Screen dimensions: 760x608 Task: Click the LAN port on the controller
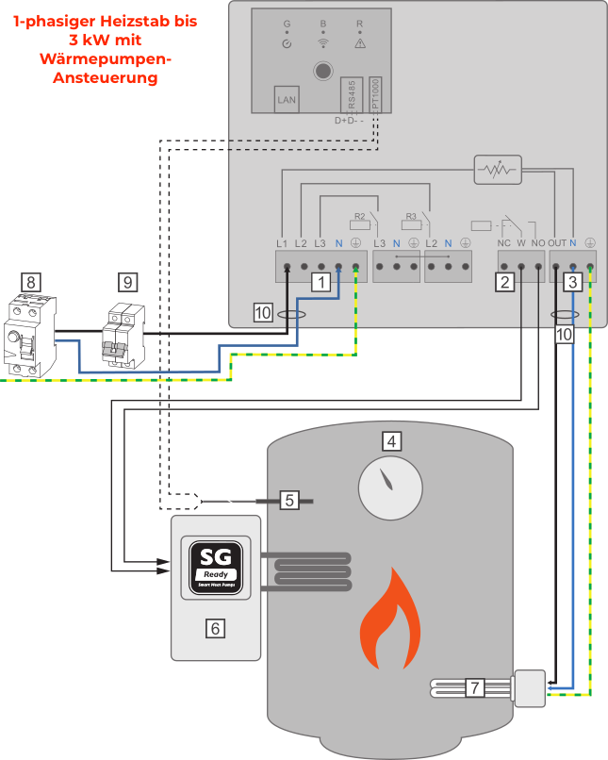pyautogui.click(x=287, y=99)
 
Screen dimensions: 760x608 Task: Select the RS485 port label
pyautogui.click(x=351, y=95)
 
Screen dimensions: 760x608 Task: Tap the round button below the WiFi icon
pyautogui.click(x=323, y=71)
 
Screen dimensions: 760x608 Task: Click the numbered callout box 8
pyautogui.click(x=31, y=281)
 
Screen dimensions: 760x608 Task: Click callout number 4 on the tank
pyautogui.click(x=390, y=440)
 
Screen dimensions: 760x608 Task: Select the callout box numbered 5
pyautogui.click(x=290, y=500)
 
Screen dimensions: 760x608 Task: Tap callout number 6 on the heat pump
pyautogui.click(x=216, y=627)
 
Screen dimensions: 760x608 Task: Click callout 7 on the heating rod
pyautogui.click(x=476, y=687)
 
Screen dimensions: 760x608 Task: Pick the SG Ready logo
pyautogui.click(x=216, y=566)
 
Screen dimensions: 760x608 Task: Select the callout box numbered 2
pyautogui.click(x=505, y=281)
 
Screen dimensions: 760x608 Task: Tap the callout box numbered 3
pyautogui.click(x=571, y=281)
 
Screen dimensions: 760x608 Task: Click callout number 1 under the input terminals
pyautogui.click(x=321, y=281)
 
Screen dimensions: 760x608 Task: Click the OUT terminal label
pyautogui.click(x=557, y=243)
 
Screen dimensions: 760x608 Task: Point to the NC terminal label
pyautogui.click(x=503, y=243)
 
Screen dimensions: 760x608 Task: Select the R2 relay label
pyautogui.click(x=359, y=217)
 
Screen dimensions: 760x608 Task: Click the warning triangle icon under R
pyautogui.click(x=359, y=43)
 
